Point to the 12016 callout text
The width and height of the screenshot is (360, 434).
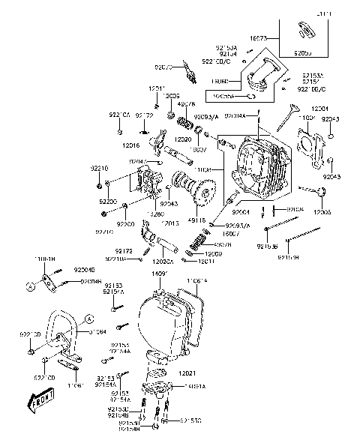130,145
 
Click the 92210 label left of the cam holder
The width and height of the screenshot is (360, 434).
99,169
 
